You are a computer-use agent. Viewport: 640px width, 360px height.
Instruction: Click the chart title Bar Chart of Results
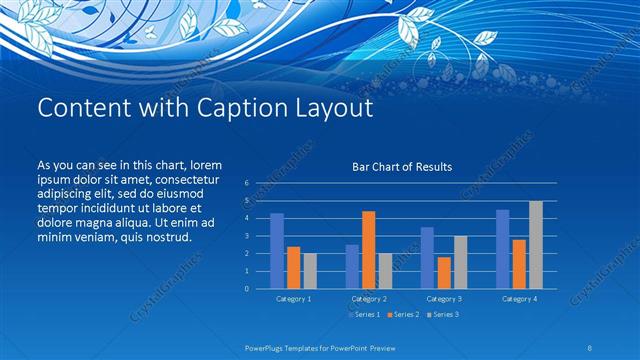401,166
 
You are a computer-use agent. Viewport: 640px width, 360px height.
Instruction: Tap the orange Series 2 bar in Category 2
368,249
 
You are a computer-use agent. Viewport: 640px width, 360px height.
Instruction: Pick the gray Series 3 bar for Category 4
535,244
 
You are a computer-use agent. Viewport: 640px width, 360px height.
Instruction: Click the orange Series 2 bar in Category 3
443,272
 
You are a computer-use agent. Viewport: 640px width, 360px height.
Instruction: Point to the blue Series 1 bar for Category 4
503,248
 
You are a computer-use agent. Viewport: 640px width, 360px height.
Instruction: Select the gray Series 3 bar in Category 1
309,270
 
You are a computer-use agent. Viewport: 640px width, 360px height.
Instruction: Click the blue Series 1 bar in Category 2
352,266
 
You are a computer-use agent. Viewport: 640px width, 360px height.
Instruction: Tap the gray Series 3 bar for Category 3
459,261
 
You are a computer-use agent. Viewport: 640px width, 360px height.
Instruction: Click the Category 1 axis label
293,298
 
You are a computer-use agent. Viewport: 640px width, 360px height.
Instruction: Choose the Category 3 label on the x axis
443,298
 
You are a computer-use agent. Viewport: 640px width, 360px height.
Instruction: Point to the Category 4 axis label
519,298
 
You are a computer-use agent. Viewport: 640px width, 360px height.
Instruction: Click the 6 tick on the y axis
246,184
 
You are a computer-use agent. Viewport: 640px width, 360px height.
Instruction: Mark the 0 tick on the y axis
246,288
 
